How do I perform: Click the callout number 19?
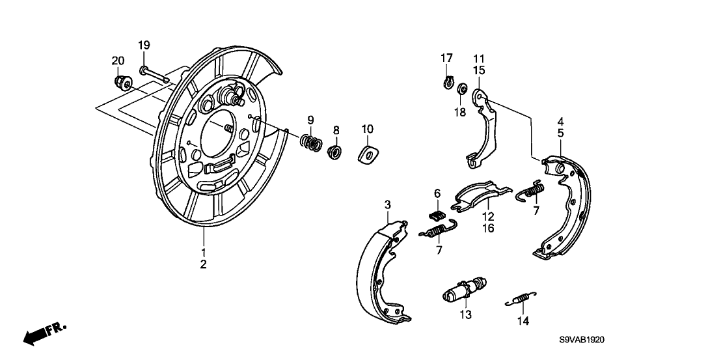pyautogui.click(x=144, y=45)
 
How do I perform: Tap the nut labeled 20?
pyautogui.click(x=122, y=82)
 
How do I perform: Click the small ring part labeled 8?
pyautogui.click(x=336, y=151)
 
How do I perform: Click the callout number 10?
pyautogui.click(x=368, y=128)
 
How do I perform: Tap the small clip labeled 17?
pyautogui.click(x=447, y=81)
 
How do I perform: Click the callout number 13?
pyautogui.click(x=466, y=314)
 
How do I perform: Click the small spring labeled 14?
pyautogui.click(x=521, y=299)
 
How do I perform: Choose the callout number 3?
pyautogui.click(x=388, y=204)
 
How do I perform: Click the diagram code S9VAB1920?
pyautogui.click(x=582, y=340)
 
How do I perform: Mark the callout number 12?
pyautogui.click(x=488, y=216)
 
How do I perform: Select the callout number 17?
pyautogui.click(x=446, y=58)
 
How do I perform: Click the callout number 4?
pyautogui.click(x=560, y=122)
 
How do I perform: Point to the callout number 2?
pyautogui.click(x=203, y=264)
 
